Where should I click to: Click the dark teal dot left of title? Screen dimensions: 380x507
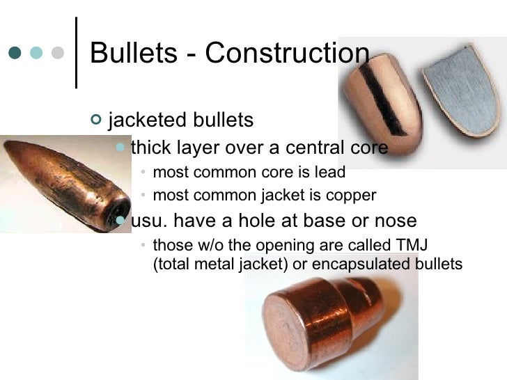15,53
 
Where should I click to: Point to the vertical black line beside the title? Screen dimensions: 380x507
75,52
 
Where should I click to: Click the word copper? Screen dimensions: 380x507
353,196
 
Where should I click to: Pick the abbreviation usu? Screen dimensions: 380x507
148,221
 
